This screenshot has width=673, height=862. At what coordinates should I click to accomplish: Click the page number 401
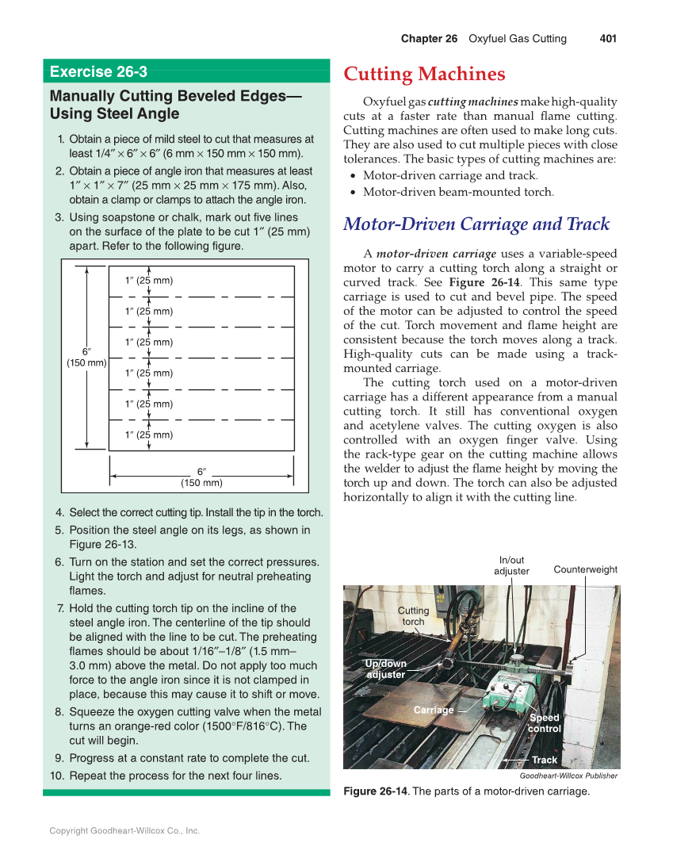pos(608,39)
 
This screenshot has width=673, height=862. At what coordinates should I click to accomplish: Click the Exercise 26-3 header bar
pos(186,71)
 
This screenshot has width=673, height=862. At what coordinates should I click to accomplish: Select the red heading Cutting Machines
pos(424,75)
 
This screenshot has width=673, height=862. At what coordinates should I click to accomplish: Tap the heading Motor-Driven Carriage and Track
pos(476,224)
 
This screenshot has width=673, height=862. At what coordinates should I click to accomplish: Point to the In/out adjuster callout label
pos(511,566)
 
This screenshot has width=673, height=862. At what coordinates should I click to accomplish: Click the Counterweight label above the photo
pos(585,569)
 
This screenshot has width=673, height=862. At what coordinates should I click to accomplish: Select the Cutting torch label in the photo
pos(413,616)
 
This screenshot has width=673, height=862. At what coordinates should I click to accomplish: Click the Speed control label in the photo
pos(545,722)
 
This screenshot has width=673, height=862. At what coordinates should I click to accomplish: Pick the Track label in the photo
pos(545,760)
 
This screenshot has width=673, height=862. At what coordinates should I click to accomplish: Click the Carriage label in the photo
pos(434,710)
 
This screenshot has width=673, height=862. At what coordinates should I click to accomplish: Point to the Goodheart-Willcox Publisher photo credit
pos(568,776)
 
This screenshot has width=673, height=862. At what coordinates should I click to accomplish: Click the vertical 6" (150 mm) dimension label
pos(86,357)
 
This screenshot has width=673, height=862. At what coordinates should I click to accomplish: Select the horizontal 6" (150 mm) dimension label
pos(201,477)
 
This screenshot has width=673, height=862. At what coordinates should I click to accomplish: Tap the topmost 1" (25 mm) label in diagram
pos(149,281)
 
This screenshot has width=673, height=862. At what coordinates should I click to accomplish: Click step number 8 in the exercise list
pos(59,712)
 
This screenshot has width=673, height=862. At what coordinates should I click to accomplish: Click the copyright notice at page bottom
pos(124,831)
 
